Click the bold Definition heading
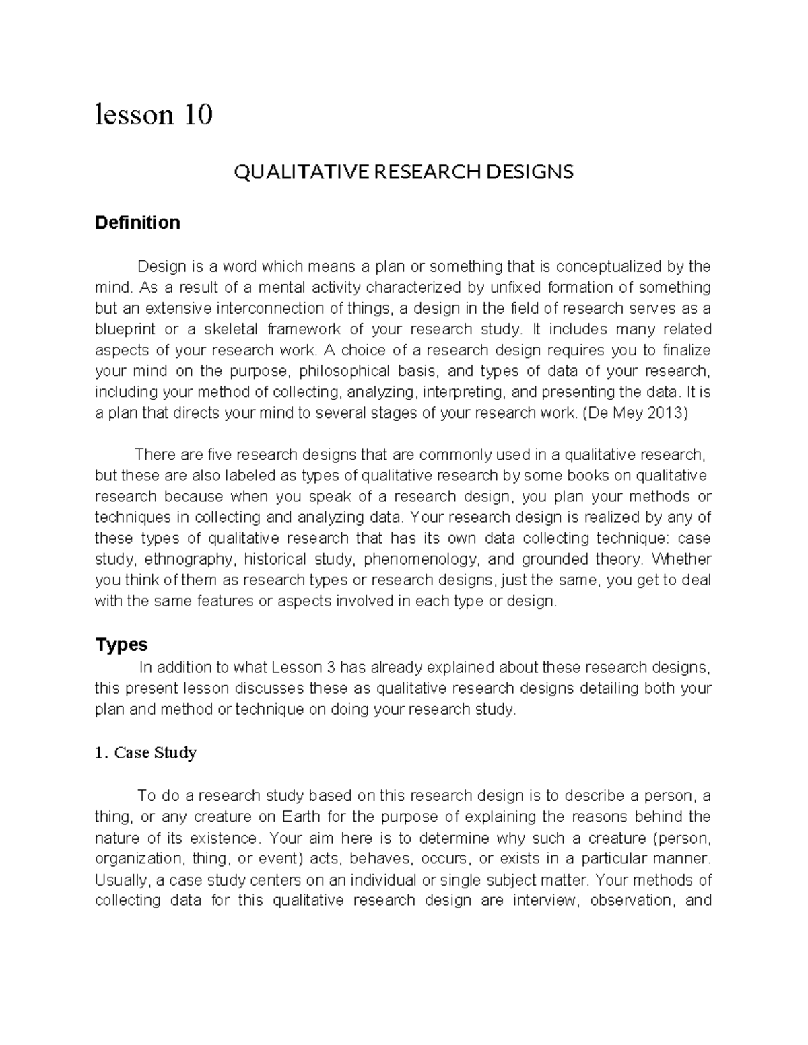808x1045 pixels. click(x=137, y=223)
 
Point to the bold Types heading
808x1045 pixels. click(x=121, y=645)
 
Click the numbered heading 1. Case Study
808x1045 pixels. click(x=145, y=752)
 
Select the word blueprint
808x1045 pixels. click(x=125, y=330)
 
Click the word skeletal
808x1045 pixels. click(x=224, y=330)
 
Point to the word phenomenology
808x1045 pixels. click(x=421, y=559)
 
